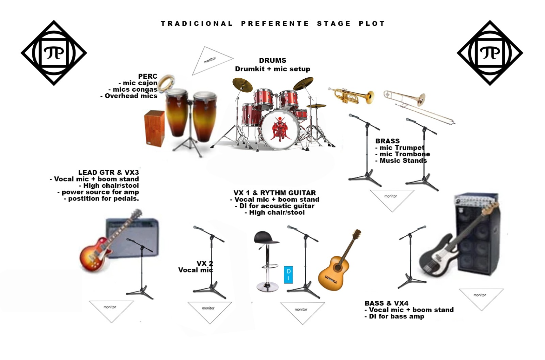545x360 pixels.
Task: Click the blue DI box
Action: click(x=288, y=275)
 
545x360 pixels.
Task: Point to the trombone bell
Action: click(x=419, y=99)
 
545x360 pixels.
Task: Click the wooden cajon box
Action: click(x=155, y=128)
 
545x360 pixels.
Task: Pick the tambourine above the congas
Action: click(x=166, y=82)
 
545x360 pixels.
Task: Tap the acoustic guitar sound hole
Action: click(x=338, y=267)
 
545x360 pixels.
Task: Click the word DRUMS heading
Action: click(x=272, y=60)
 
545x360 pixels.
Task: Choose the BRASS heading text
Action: click(x=387, y=141)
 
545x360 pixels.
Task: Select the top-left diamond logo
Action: click(x=54, y=53)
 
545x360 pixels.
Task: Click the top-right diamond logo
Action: click(x=490, y=53)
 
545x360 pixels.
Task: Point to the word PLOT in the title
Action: click(x=372, y=24)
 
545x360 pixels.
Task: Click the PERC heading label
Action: click(x=148, y=76)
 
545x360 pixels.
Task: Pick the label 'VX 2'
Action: click(x=205, y=263)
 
